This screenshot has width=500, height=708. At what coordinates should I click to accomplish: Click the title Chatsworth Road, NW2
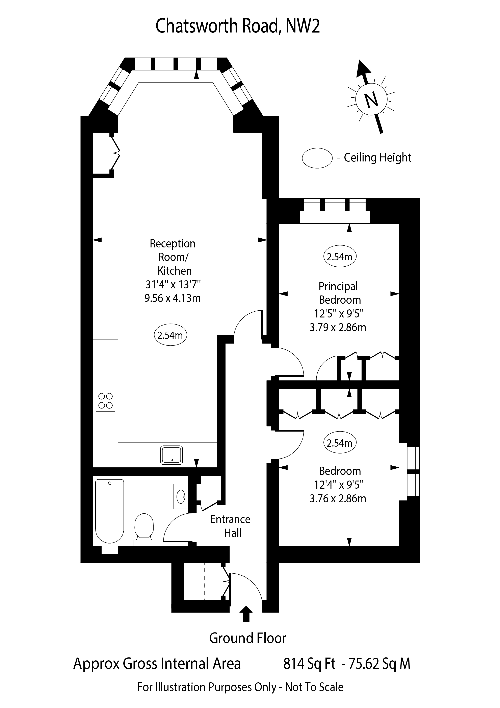237,26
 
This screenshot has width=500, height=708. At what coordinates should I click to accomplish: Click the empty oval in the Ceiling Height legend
317,158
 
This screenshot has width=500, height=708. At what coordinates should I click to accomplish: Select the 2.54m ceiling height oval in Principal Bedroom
340,257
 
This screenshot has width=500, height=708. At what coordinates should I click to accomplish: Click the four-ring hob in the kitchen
105,401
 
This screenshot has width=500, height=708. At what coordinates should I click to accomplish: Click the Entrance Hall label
230,526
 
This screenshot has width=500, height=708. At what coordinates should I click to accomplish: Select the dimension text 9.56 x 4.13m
173,298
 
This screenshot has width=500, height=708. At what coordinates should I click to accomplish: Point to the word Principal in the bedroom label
338,286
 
